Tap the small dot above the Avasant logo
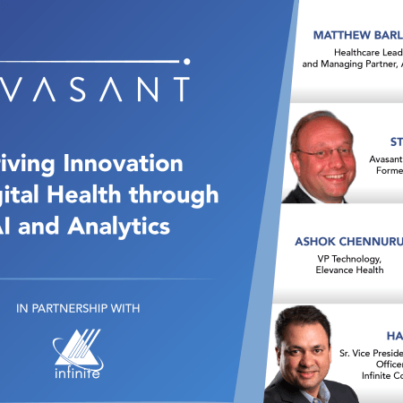coord(186,62)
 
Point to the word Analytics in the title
coord(121,226)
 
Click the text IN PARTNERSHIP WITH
coord(78,309)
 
